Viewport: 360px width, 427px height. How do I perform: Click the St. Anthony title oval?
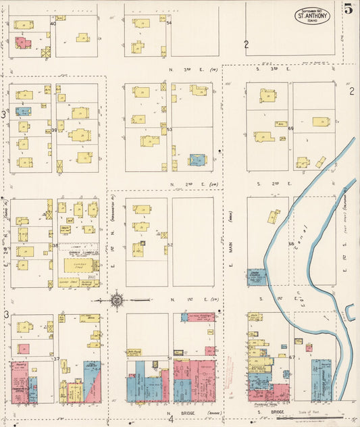pos(312,16)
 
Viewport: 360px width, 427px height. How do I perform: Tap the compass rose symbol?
pos(116,299)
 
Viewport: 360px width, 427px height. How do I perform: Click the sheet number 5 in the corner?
pos(348,9)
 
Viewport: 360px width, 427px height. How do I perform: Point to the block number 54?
pos(169,23)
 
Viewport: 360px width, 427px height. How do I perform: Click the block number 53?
pos(170,129)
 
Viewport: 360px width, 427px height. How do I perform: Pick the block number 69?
pos(291,128)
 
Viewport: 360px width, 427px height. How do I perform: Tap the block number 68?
pos(291,244)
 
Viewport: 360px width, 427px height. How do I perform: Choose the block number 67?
pos(291,357)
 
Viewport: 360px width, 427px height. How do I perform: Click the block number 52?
pos(170,245)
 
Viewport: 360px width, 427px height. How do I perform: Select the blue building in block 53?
pos(197,159)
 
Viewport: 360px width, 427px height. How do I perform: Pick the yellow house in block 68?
pos(274,217)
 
